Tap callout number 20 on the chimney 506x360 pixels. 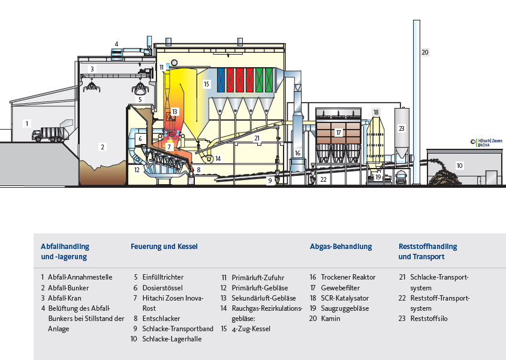(425, 53)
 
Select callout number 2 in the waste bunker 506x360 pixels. (103, 146)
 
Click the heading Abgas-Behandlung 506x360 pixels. (341, 247)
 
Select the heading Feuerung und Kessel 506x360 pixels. (164, 247)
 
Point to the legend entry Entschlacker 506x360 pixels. (161, 319)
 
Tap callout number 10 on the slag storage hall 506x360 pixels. (460, 165)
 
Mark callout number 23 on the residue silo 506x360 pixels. (402, 128)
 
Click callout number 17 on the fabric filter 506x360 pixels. (339, 133)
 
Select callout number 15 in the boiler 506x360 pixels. (206, 84)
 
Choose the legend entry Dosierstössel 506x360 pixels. (162, 288)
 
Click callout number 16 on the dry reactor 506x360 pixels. (297, 154)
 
